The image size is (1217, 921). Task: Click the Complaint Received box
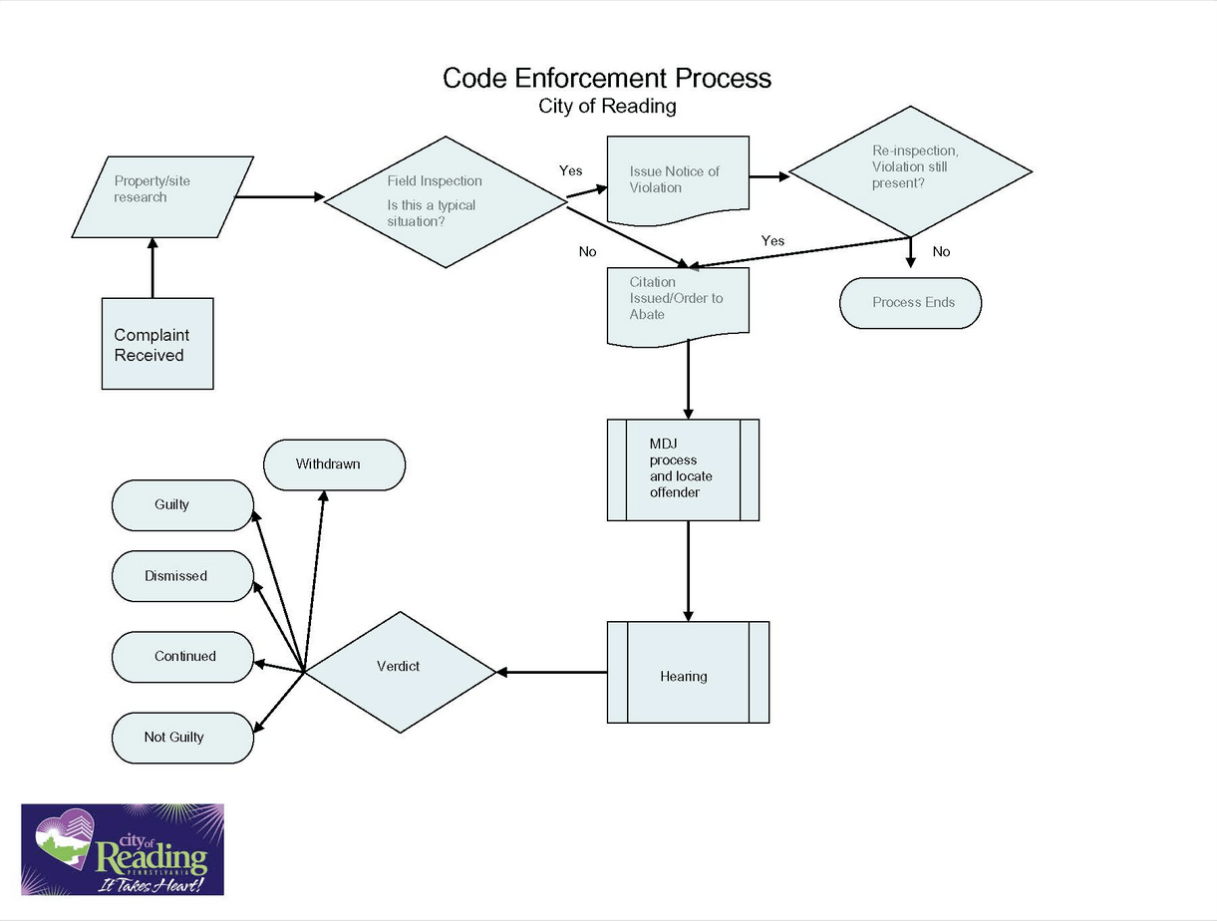point(157,344)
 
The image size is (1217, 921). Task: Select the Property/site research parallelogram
point(162,196)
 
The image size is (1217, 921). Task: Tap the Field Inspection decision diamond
point(446,200)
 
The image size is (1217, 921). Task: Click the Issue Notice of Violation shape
point(678,180)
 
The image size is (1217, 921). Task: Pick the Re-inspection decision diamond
point(910,171)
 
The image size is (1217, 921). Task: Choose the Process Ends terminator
point(910,303)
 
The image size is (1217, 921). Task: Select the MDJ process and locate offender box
point(683,469)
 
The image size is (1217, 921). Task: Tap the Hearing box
point(688,673)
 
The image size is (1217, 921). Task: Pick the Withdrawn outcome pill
point(334,464)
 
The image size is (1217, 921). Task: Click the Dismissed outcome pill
point(182,576)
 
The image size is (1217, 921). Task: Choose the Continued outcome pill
point(182,657)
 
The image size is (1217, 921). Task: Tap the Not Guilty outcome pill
point(182,738)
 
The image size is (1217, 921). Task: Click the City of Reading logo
point(123,849)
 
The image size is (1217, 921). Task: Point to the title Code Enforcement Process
point(606,78)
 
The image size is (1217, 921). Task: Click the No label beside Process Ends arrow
point(941,252)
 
